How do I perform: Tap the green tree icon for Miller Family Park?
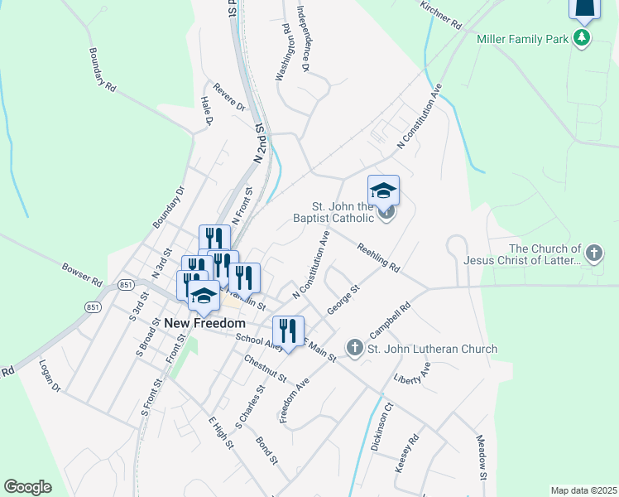(x=583, y=38)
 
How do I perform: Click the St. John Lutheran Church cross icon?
(x=354, y=349)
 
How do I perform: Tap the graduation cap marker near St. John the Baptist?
(x=383, y=191)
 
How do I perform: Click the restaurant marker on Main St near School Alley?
(x=288, y=331)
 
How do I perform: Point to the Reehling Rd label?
(x=378, y=257)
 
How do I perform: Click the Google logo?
(x=27, y=486)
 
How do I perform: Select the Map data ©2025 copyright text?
(x=583, y=490)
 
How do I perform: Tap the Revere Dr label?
(x=229, y=97)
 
